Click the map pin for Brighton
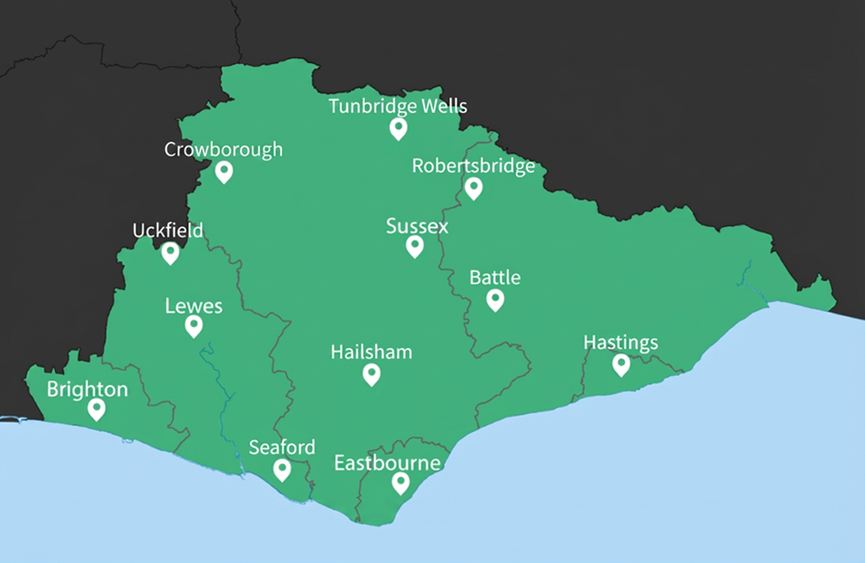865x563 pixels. click(97, 408)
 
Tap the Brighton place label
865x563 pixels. click(88, 390)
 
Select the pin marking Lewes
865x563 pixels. click(194, 325)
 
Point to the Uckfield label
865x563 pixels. click(168, 231)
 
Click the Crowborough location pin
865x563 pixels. click(224, 171)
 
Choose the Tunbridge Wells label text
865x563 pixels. click(397, 107)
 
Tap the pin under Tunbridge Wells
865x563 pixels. click(398, 128)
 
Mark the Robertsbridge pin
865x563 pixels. click(473, 187)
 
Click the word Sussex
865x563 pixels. click(417, 227)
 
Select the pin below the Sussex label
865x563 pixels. click(414, 245)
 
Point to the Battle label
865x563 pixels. click(495, 278)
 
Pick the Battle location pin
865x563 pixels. click(495, 298)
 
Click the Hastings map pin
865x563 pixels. click(621, 364)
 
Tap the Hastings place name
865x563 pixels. click(621, 343)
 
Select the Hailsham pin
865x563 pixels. click(371, 373)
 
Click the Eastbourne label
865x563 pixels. click(387, 463)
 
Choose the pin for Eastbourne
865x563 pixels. click(400, 482)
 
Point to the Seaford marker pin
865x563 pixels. click(282, 469)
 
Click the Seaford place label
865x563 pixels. click(282, 448)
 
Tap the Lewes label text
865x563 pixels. click(194, 306)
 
